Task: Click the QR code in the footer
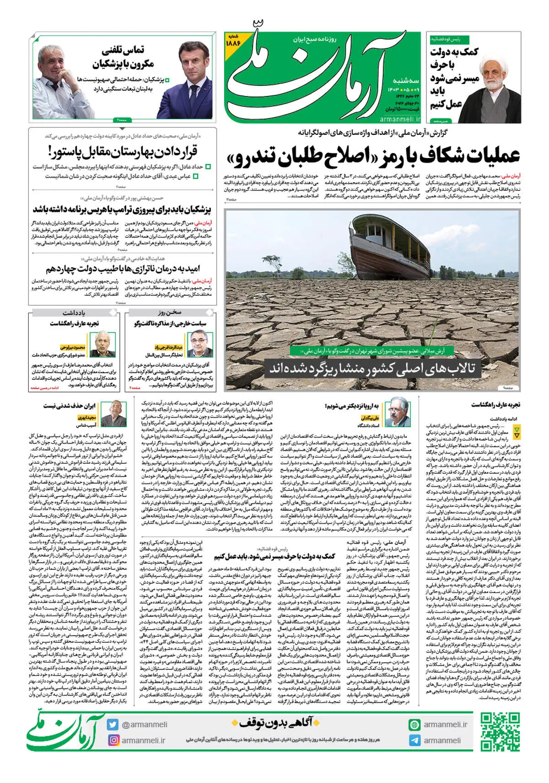(500, 732)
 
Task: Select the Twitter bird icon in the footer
(113, 725)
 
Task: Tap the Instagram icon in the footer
(113, 740)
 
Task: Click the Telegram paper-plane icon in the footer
(414, 741)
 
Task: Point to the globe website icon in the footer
(414, 725)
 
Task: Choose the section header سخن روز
(170, 313)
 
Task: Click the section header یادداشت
(74, 313)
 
